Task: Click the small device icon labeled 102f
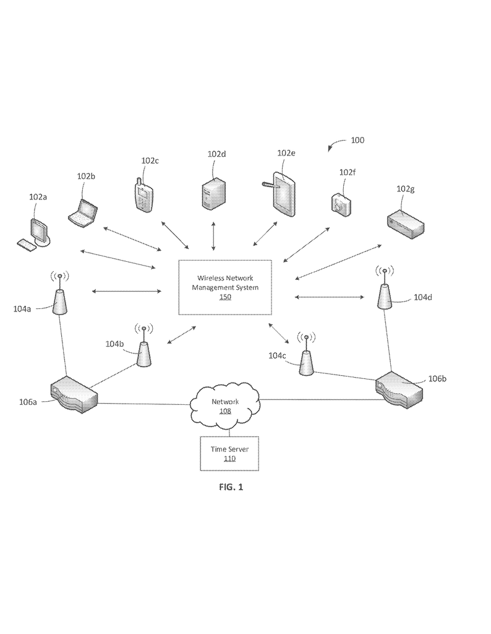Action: coord(341,203)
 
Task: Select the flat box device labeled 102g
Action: coord(406,222)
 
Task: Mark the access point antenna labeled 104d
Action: coord(385,292)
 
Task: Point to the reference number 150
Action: coord(225,297)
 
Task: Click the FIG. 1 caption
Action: coord(231,487)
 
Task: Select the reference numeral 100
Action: coord(357,141)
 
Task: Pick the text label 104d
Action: coord(422,297)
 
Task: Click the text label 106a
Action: coord(27,402)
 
